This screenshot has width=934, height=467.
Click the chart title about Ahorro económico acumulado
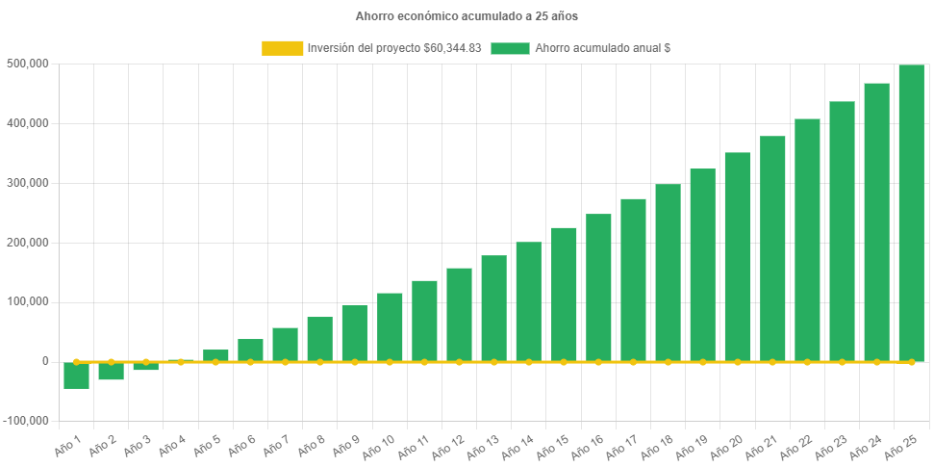(x=467, y=16)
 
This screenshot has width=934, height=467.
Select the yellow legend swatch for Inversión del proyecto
(x=281, y=48)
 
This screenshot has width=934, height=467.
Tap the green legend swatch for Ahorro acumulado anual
(x=510, y=48)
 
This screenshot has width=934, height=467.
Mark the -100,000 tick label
(x=28, y=421)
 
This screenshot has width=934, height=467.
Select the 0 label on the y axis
(x=44, y=361)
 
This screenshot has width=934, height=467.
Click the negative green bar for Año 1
(x=76, y=376)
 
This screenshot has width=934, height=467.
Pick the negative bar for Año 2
(x=111, y=372)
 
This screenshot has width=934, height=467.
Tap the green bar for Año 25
(x=911, y=213)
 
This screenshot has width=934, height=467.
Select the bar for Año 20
(x=737, y=256)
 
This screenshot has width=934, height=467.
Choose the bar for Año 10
(x=390, y=326)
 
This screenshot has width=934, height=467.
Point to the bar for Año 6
(x=250, y=350)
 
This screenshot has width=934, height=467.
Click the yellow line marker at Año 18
(x=668, y=362)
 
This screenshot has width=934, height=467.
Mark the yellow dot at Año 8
(x=320, y=362)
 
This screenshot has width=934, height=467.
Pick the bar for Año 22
(x=807, y=240)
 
